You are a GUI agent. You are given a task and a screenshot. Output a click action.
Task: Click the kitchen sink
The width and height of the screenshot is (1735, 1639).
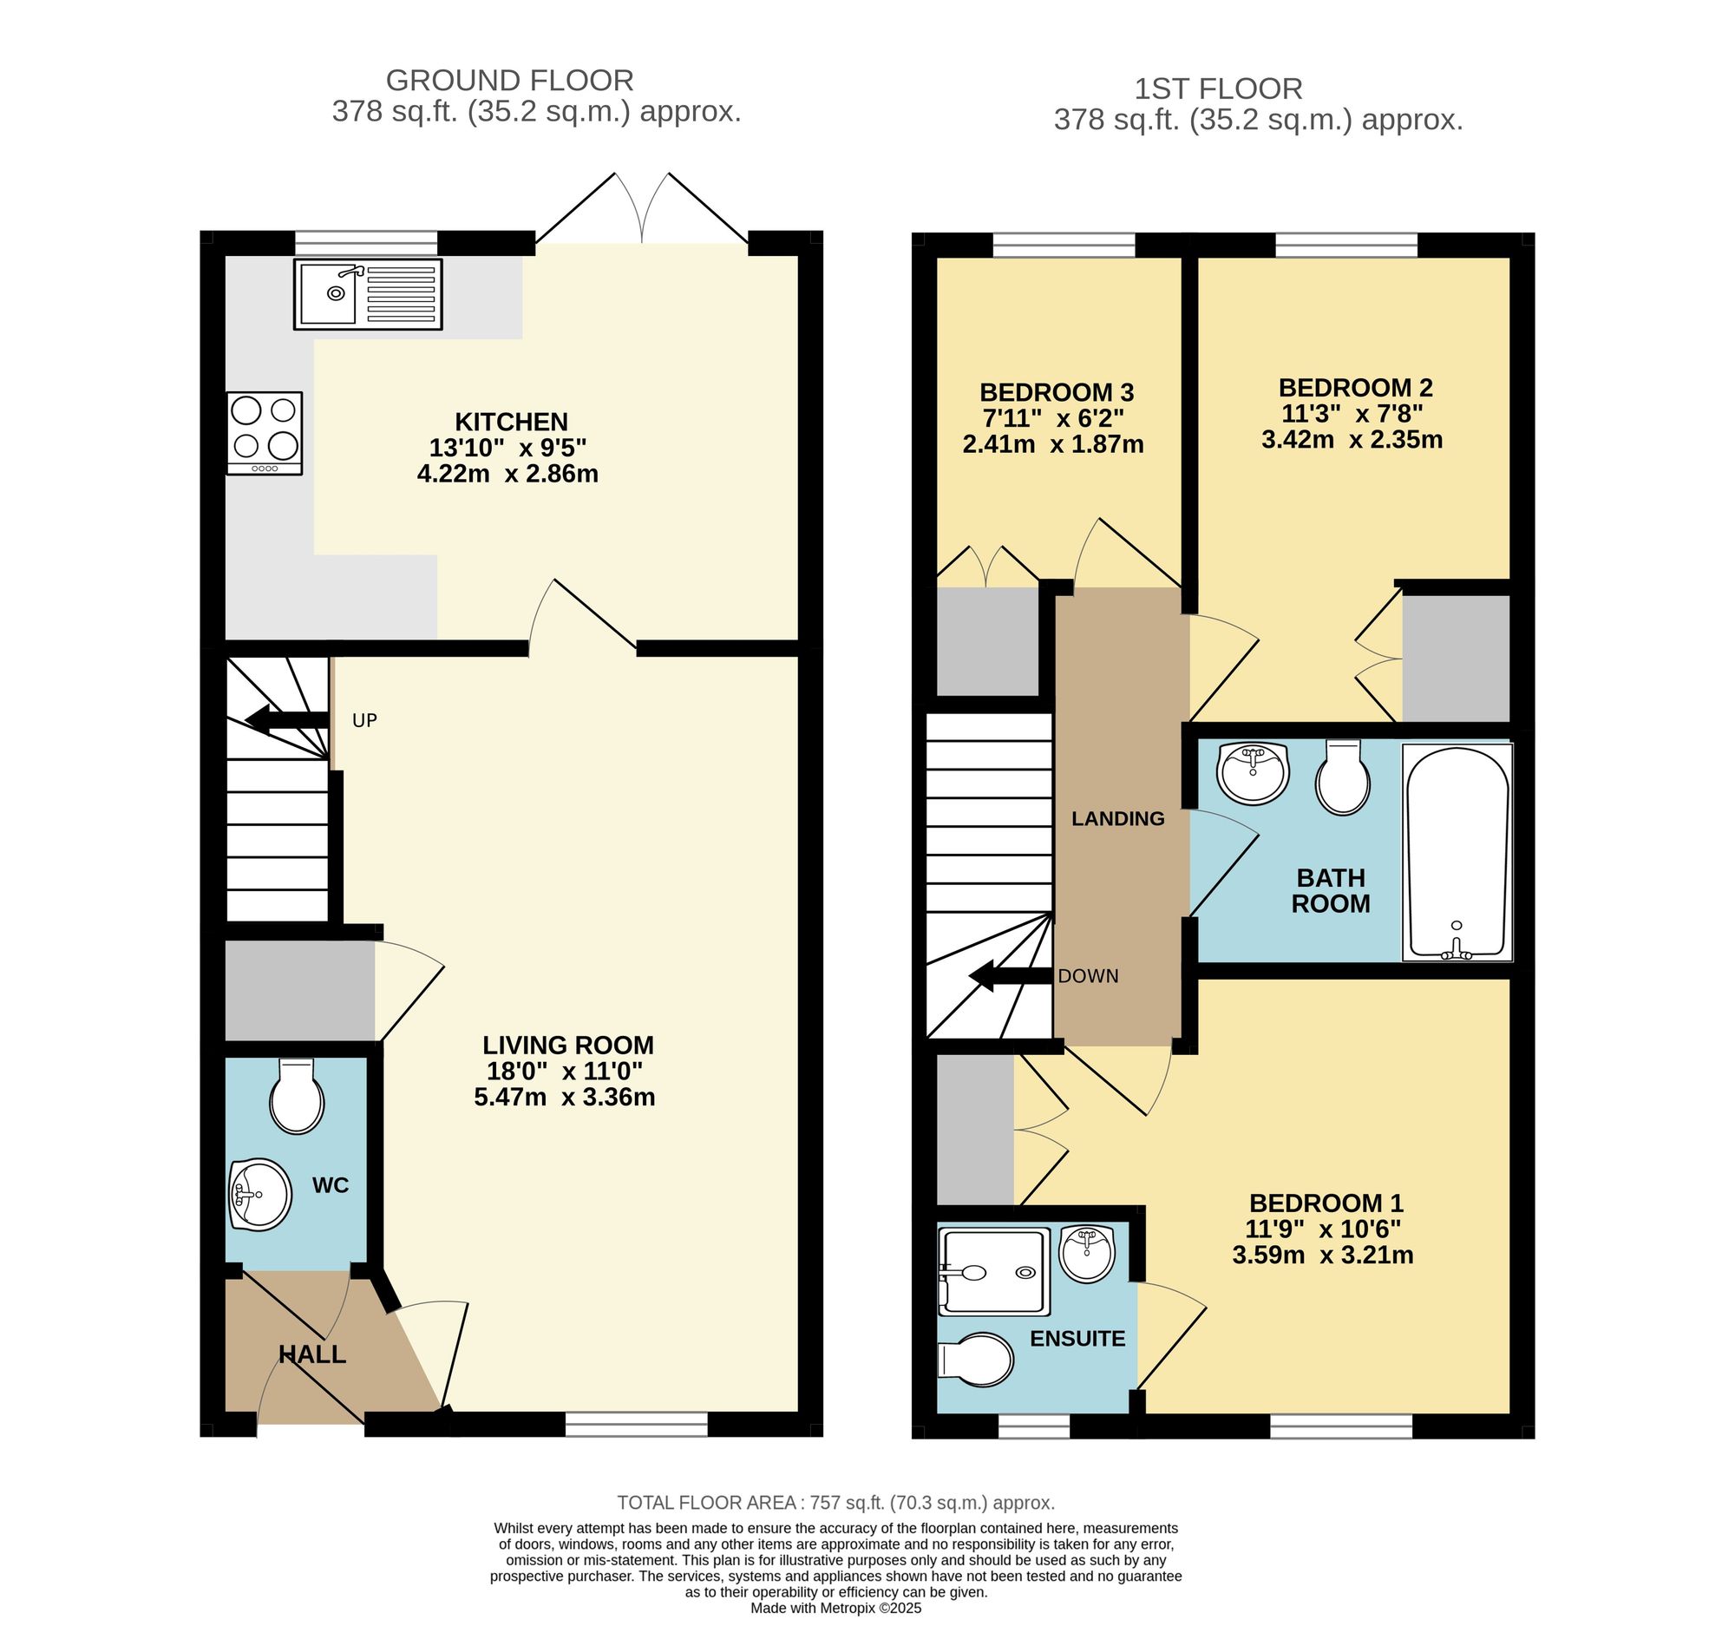pyautogui.click(x=368, y=293)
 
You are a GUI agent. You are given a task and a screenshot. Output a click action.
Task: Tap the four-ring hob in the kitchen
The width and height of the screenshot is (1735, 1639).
pyautogui.click(x=265, y=432)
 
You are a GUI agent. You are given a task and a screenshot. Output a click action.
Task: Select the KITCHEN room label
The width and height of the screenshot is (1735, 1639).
pyautogui.click(x=511, y=422)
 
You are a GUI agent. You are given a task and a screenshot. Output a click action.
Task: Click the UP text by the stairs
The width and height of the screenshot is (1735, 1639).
pyautogui.click(x=364, y=720)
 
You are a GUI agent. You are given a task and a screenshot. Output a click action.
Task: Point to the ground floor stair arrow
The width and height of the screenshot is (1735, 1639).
pyautogui.click(x=285, y=720)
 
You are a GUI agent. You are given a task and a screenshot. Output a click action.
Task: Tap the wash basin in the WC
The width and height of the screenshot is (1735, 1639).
pyautogui.click(x=260, y=1193)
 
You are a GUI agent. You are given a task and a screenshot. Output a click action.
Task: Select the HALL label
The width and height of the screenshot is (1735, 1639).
pyautogui.click(x=312, y=1354)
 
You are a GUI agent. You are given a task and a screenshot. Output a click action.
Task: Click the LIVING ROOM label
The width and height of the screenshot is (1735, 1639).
pyautogui.click(x=568, y=1045)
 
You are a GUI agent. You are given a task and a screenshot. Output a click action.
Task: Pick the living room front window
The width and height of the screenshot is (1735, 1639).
pyautogui.click(x=636, y=1424)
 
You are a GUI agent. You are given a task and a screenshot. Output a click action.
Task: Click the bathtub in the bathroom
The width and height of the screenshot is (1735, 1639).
pyautogui.click(x=1457, y=852)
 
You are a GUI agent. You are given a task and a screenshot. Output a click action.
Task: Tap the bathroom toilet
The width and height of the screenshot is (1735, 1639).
pyautogui.click(x=1343, y=777)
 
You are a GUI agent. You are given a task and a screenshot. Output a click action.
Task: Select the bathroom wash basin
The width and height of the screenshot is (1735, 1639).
pyautogui.click(x=1253, y=771)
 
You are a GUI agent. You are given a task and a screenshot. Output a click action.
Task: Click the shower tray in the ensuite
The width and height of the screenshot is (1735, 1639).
pyautogui.click(x=993, y=1272)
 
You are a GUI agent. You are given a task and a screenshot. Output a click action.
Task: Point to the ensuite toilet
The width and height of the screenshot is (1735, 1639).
pyautogui.click(x=976, y=1360)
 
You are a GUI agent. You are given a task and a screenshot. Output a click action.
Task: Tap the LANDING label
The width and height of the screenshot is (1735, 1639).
pyautogui.click(x=1117, y=818)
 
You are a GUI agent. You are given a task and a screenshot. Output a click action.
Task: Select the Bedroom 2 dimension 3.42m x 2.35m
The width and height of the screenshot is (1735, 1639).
pyautogui.click(x=1352, y=439)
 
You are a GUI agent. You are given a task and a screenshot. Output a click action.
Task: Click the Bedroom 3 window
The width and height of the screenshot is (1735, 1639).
pyautogui.click(x=1064, y=246)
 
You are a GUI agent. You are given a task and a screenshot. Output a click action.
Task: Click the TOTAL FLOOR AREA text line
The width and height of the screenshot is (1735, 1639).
pyautogui.click(x=835, y=1503)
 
